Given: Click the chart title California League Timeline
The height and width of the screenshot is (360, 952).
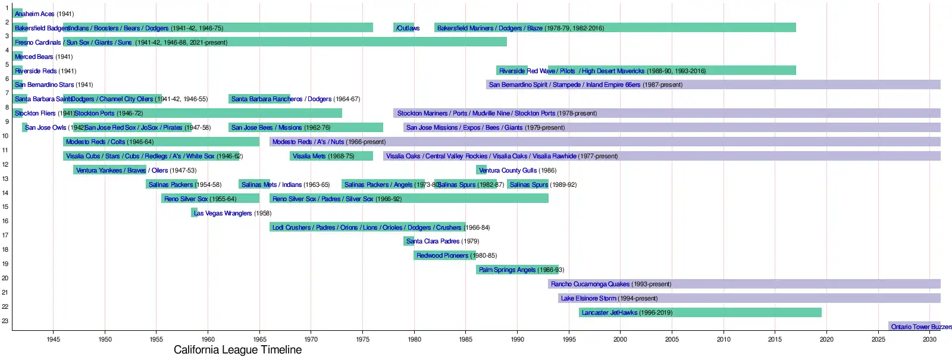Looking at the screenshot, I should pos(237,350).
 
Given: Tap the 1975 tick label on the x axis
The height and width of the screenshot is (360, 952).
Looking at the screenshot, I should pos(362,339).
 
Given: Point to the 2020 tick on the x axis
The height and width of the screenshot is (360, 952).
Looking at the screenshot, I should pos(826,339).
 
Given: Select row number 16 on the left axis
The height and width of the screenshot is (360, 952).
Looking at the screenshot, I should pos(5,221).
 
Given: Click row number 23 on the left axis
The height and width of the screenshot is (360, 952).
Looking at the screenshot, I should pos(5,321).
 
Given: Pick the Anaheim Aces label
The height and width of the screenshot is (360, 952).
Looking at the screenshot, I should pos(35,14).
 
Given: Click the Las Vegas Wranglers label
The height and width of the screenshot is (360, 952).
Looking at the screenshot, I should pos(223,213).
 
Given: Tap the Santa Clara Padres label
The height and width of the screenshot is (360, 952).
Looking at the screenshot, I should pos(433,242).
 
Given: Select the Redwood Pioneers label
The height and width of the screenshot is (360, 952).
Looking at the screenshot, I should pos(442,256).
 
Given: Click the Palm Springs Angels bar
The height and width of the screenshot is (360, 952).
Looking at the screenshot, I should pos(517,270).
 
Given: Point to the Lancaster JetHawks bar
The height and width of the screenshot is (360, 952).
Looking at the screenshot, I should pos(700,312).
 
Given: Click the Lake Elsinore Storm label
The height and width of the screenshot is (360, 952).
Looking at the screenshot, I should pos(588,299).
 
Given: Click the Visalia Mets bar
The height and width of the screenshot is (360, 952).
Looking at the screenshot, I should pos(331,156).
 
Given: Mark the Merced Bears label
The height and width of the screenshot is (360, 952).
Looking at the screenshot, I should pos(34,57).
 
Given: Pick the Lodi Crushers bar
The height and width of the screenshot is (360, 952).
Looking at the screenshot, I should pos(367,227).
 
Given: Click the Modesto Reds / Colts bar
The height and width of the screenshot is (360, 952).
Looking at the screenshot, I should pos(161,142).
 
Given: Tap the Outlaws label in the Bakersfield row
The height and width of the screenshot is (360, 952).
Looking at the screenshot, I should pos(408,28).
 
